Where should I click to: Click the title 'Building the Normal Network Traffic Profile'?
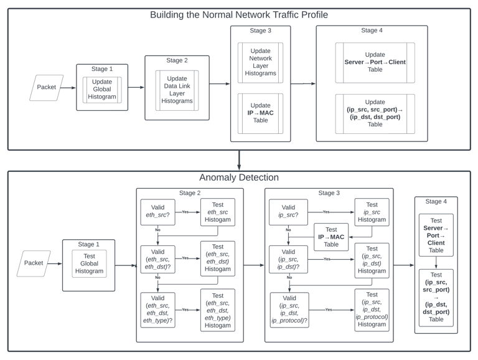(239, 15)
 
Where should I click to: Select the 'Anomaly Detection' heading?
(239, 178)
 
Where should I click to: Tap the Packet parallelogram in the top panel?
(46, 88)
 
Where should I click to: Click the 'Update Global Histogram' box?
(102, 90)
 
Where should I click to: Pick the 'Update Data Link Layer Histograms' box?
(177, 90)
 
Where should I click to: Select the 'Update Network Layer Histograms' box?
(260, 62)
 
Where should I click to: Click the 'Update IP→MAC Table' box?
(260, 113)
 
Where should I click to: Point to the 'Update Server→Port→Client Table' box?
(375, 62)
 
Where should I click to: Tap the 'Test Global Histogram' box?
(90, 263)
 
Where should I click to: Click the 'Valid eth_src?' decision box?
(158, 212)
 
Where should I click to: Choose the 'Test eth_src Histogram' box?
(218, 212)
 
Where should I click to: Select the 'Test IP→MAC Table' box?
(331, 237)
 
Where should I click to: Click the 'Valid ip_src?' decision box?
(288, 212)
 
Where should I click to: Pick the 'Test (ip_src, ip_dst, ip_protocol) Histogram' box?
(372, 310)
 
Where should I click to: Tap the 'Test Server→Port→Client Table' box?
(436, 235)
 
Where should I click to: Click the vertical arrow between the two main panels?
(239, 160)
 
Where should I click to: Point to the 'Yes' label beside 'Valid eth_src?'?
(185, 212)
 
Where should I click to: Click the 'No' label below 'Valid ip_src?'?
(288, 230)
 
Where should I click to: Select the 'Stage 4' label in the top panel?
(372, 30)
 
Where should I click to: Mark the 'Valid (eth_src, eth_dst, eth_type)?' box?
(158, 310)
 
